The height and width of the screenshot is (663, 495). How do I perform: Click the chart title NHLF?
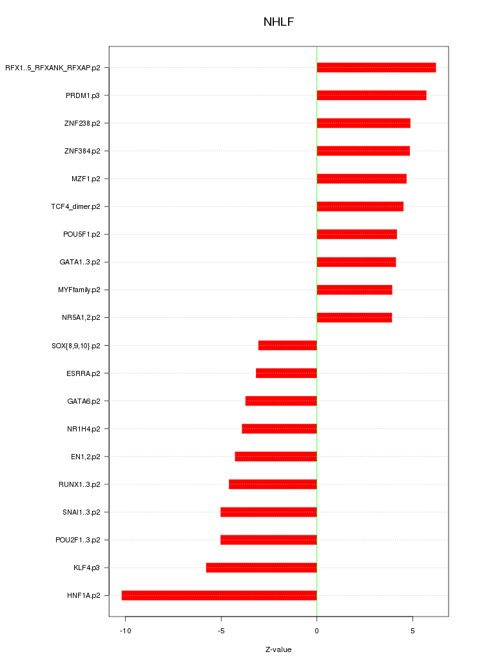(278, 23)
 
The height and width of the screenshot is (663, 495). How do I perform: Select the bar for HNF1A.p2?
(219, 595)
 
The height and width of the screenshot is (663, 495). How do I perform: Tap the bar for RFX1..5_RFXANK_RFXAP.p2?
(376, 68)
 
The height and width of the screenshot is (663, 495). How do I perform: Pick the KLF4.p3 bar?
(261, 568)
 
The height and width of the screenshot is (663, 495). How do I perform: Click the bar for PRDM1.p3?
(371, 95)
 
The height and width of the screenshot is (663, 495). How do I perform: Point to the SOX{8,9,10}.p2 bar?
(287, 346)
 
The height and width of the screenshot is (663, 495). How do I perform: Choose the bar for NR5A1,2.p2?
(354, 317)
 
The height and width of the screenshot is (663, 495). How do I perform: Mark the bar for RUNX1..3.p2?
(273, 484)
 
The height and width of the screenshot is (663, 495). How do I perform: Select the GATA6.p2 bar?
(281, 401)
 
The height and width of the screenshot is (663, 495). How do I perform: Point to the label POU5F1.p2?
(81, 234)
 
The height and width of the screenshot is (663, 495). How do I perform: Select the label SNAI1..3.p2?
(81, 512)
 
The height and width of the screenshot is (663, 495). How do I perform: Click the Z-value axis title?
(278, 649)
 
